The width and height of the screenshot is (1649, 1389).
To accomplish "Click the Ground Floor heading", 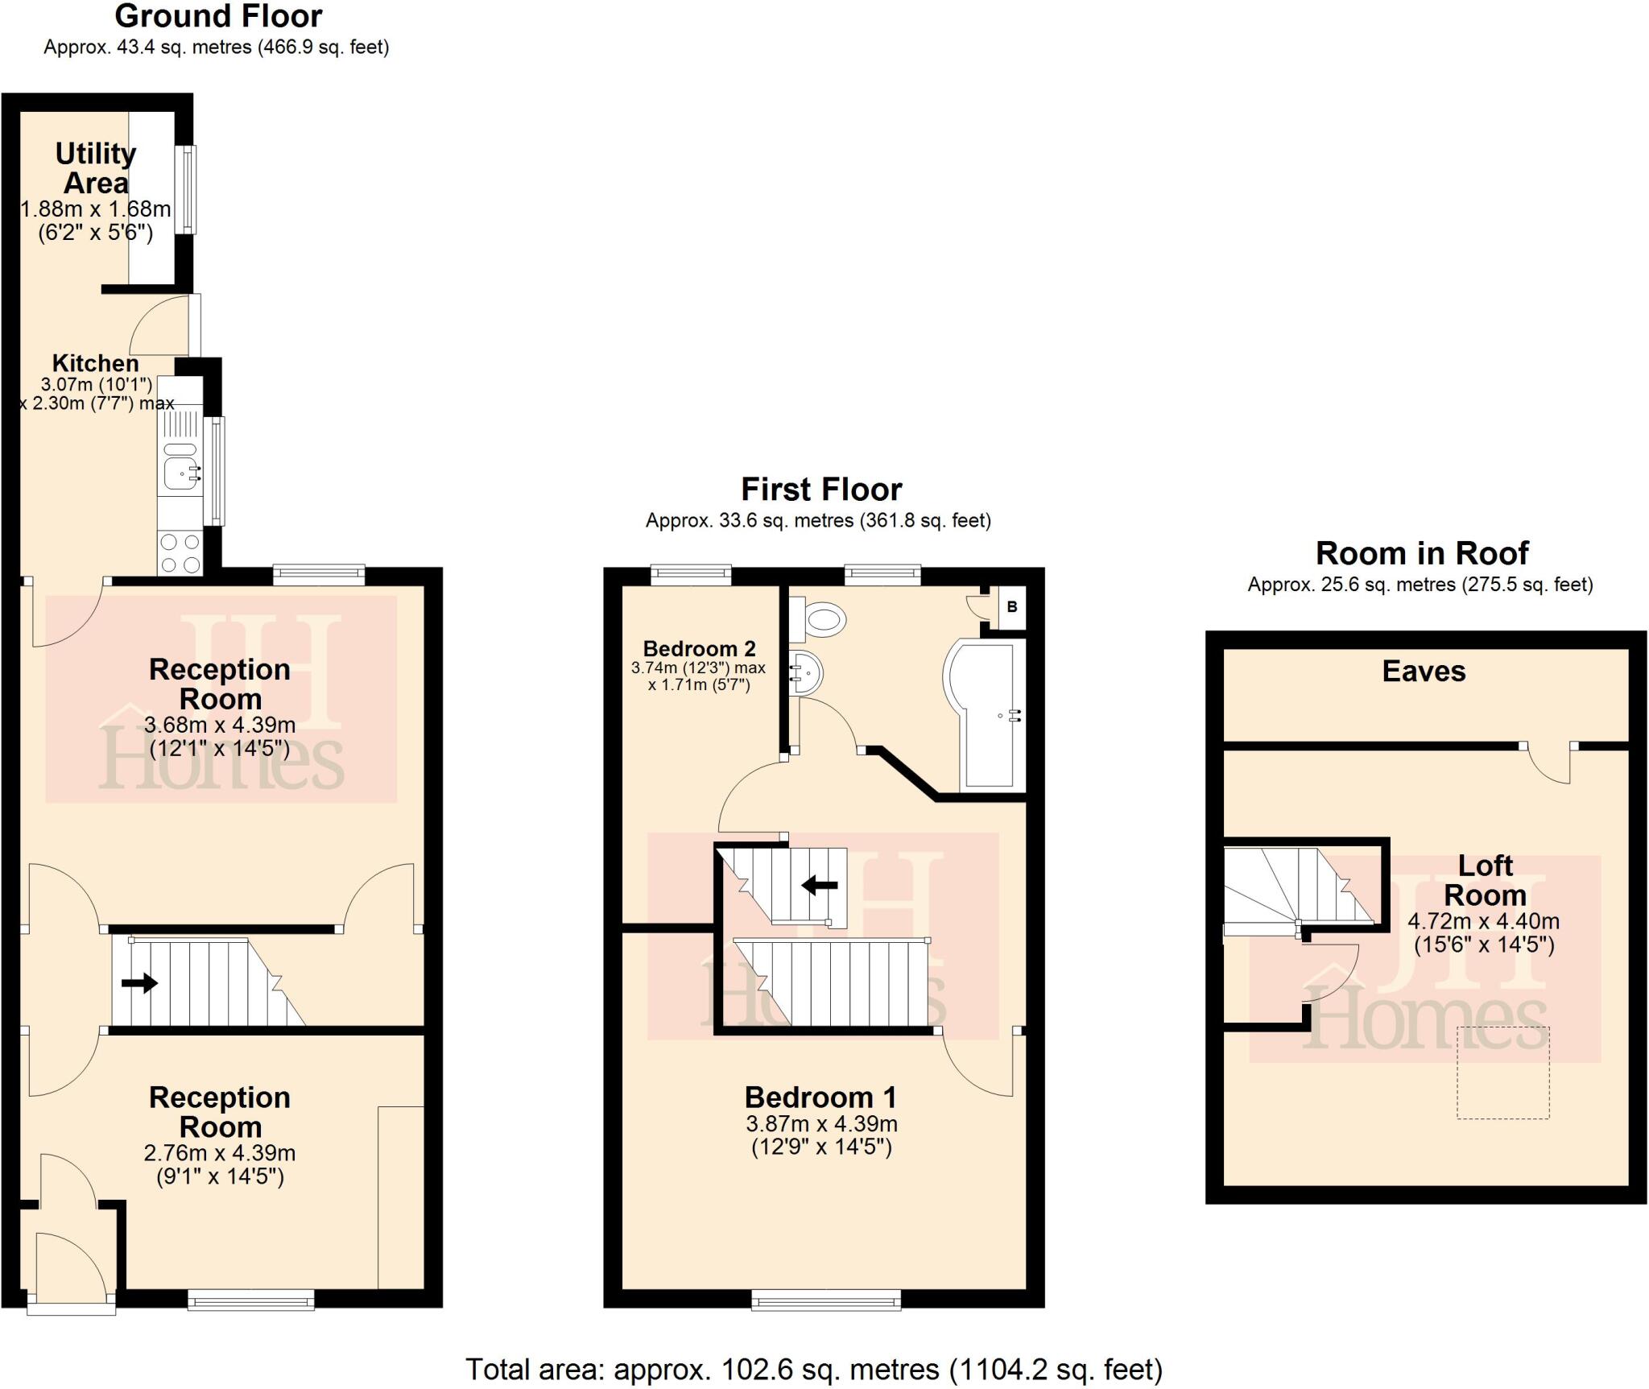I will pos(218,16).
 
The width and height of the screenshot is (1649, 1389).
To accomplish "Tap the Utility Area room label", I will pos(95,168).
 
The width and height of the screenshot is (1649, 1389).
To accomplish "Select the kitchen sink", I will pos(180,473).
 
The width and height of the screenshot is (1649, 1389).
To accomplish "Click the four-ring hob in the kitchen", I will pos(180,553).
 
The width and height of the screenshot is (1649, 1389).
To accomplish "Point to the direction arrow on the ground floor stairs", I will pos(139,983).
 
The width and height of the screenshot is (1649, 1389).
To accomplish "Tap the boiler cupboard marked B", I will pos(1012,606).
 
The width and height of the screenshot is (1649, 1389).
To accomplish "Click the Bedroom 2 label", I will pos(699,648).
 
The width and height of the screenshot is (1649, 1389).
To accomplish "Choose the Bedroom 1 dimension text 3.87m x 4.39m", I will pos(821,1124).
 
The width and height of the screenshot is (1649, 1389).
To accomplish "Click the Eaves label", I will pos(1424,672).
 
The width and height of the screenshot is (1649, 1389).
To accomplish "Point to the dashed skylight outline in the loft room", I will pos(1502,1073).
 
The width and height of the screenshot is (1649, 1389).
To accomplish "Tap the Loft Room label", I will pos(1485,880).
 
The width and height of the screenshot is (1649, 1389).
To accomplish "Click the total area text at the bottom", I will pos(813,1369).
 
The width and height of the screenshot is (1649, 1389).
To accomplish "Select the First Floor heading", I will pos(821,490).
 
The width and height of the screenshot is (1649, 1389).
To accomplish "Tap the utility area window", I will pos(187,189).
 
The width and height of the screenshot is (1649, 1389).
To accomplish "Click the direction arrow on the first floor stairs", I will pos(820,886).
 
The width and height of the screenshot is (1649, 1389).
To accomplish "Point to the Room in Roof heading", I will pos(1421,553).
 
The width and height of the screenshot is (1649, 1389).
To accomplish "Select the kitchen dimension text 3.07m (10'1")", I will pos(97,385).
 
